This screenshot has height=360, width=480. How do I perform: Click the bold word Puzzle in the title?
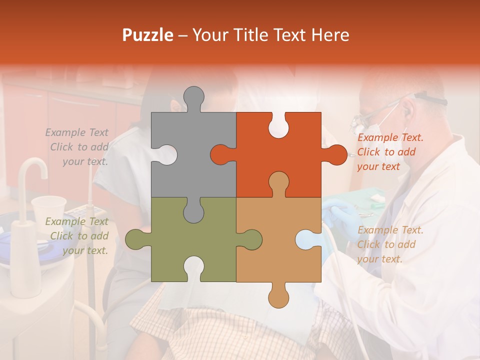pos(148,35)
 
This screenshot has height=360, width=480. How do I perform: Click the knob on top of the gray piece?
pos(194,97)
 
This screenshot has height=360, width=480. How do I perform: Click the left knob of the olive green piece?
pos(136,239)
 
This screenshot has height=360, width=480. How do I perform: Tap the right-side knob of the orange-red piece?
pos(336,154)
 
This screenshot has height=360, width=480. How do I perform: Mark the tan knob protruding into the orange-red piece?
pos(278,182)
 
